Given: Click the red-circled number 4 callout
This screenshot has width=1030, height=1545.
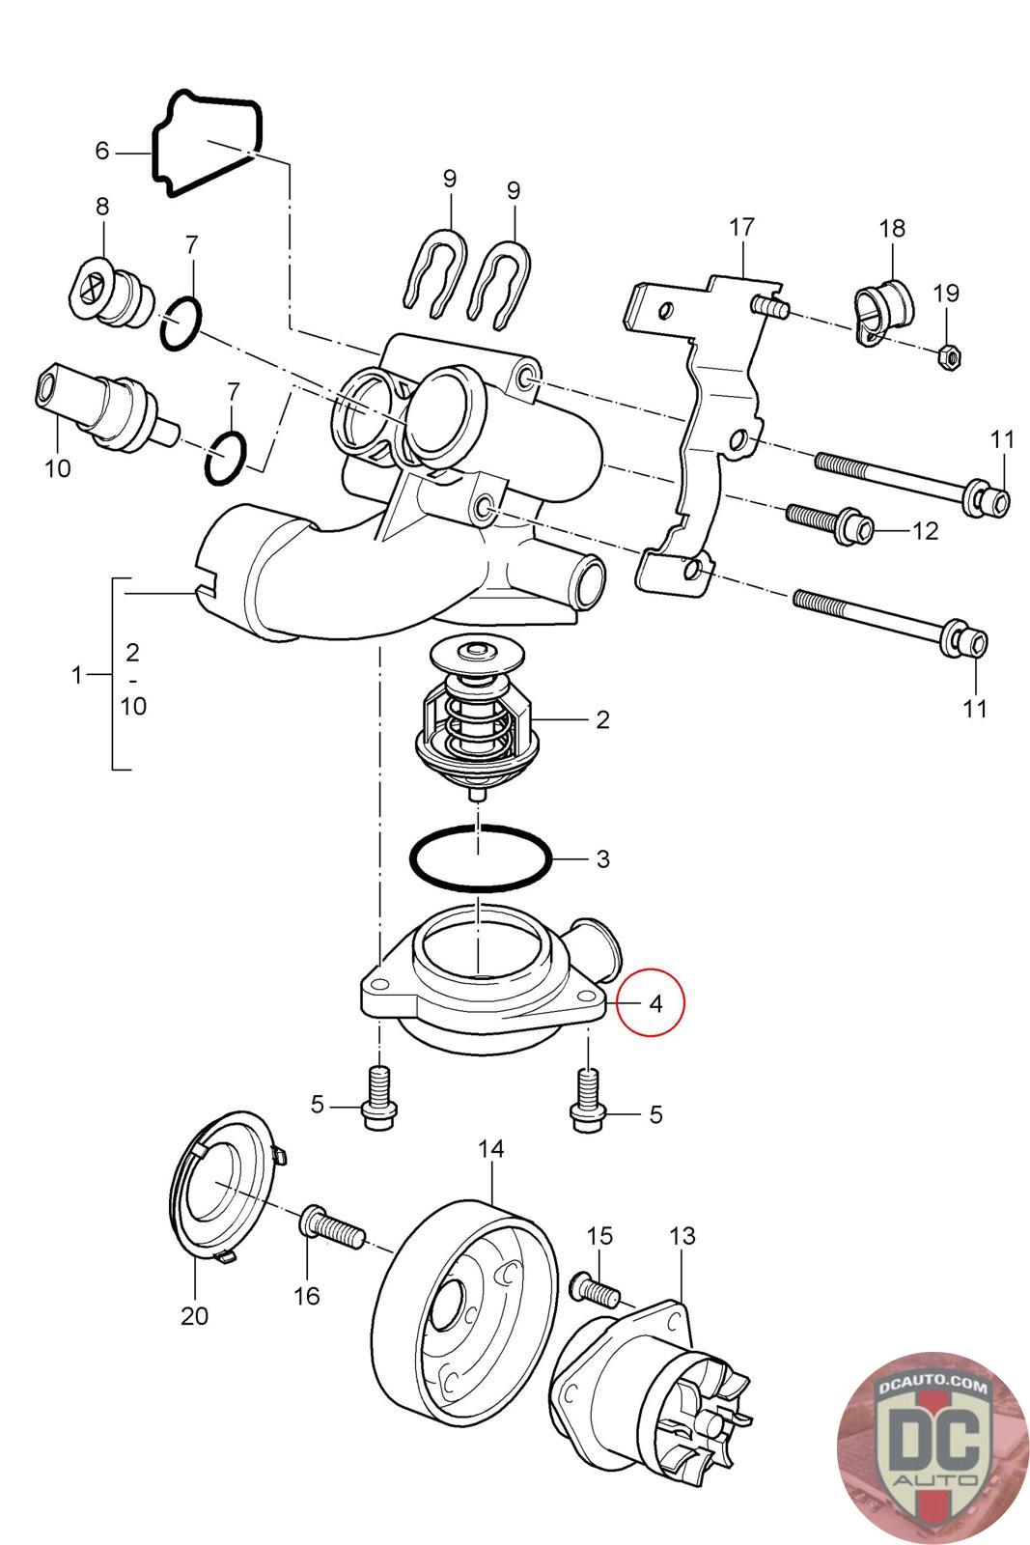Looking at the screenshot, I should click(x=655, y=1003).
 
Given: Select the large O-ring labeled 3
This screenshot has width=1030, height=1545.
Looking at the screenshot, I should click(x=481, y=856).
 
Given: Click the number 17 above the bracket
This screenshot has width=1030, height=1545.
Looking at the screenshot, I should click(x=741, y=229).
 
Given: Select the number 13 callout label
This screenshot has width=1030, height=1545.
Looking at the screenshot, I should click(x=682, y=1235).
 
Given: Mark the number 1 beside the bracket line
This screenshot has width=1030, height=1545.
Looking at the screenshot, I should click(x=78, y=675).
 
